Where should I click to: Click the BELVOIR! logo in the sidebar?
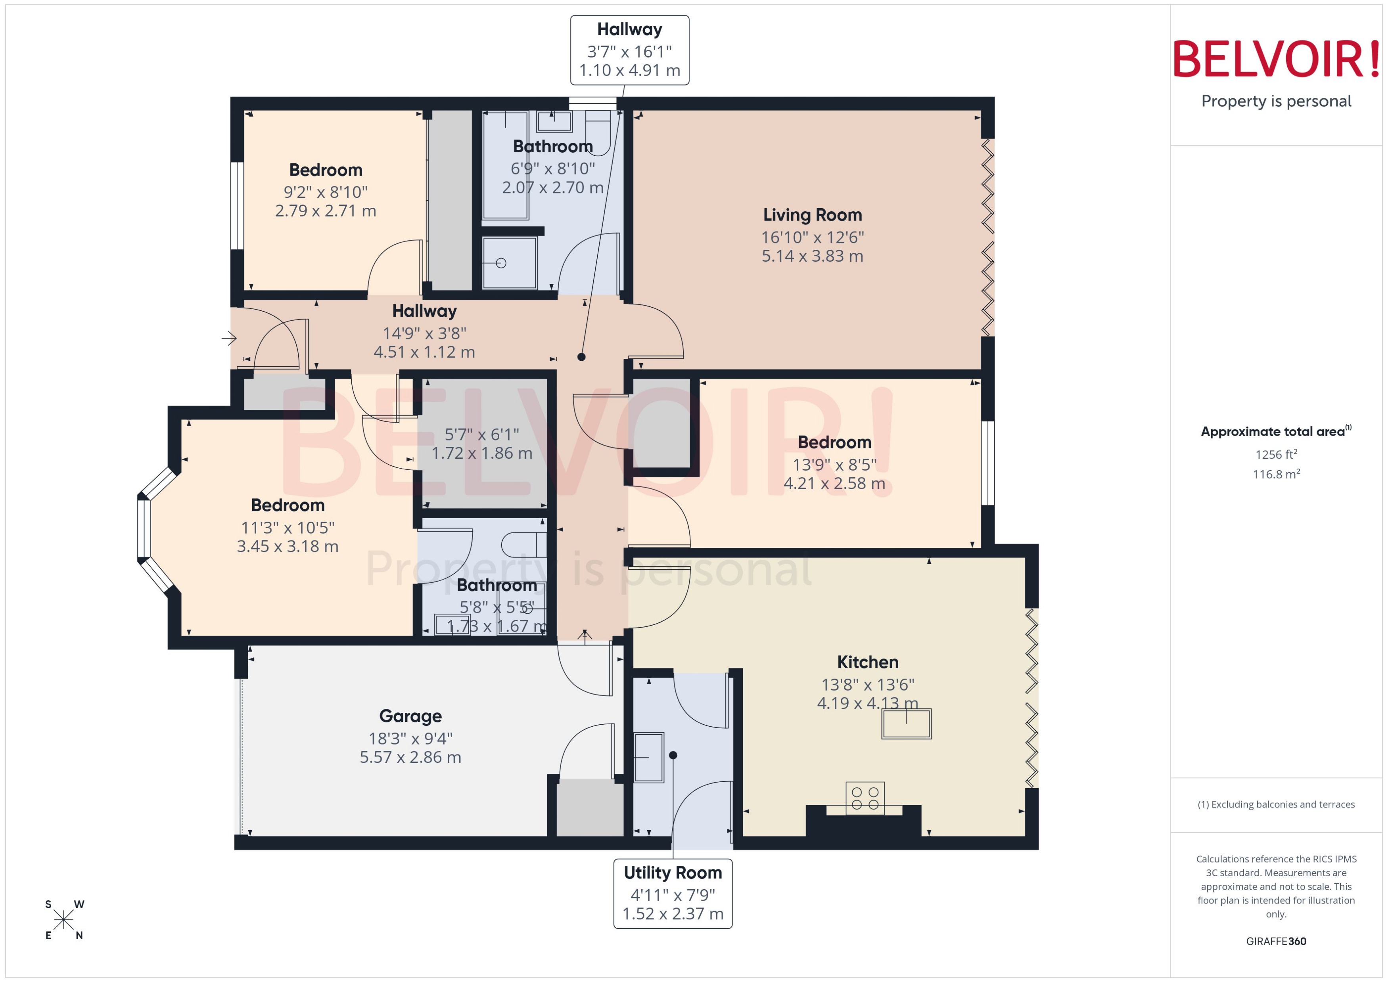(1276, 59)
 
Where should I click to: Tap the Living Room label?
(812, 214)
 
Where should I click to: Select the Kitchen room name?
(867, 662)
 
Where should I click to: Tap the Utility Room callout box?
(673, 893)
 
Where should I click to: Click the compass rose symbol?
(63, 920)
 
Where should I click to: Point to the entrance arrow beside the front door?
(228, 338)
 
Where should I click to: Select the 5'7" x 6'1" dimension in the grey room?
(481, 434)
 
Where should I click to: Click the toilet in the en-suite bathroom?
(524, 545)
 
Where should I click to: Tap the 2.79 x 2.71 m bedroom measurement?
(325, 211)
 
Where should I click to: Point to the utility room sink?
(648, 757)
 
